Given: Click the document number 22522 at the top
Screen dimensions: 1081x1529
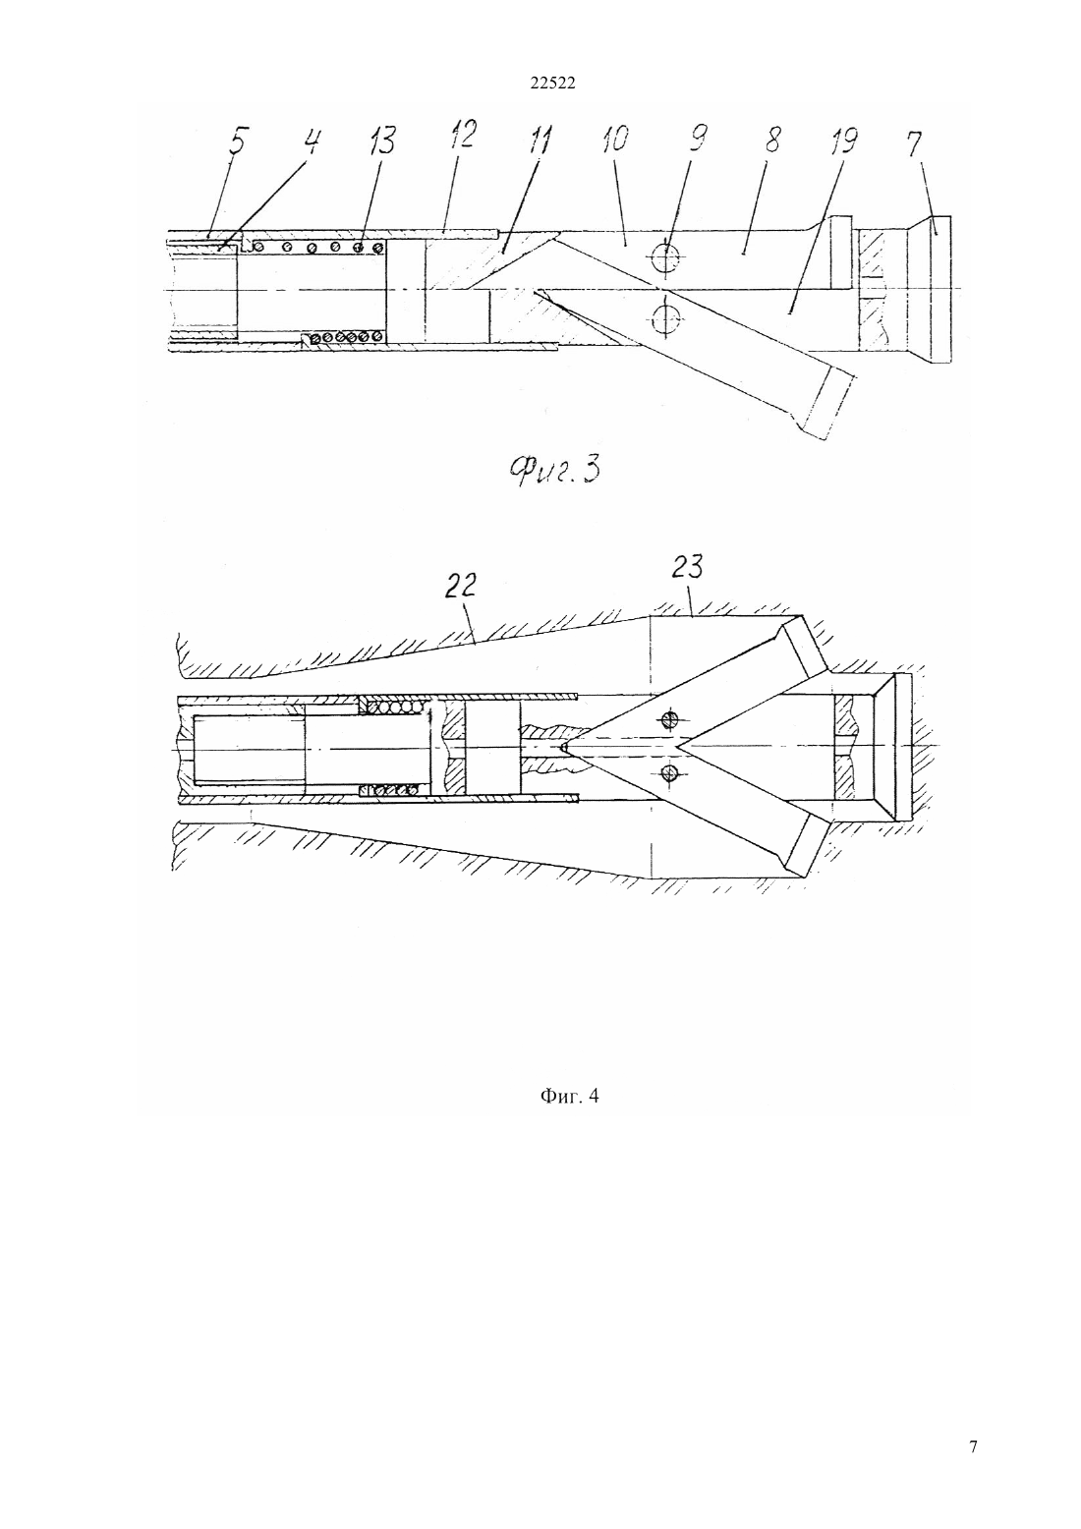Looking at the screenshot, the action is (552, 84).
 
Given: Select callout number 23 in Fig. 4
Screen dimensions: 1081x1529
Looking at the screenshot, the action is (687, 567).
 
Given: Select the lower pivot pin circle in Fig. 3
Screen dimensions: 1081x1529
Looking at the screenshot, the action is (666, 316).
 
